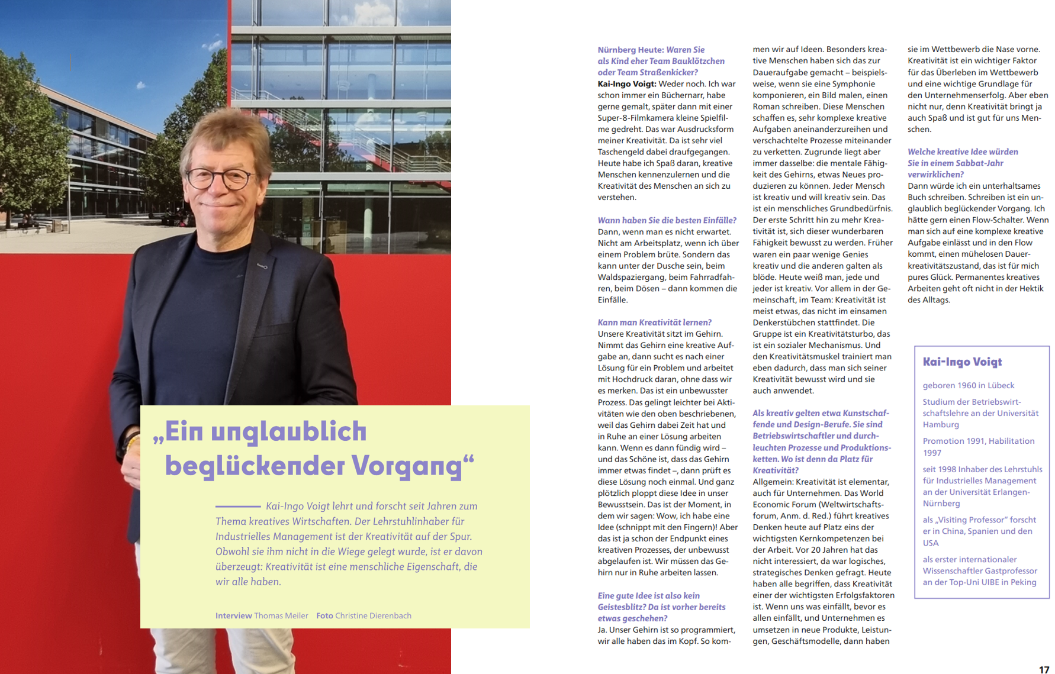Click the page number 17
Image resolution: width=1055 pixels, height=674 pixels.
click(1044, 669)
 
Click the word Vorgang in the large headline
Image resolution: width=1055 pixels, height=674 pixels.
click(402, 466)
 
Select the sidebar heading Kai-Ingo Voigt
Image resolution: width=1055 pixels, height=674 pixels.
click(962, 362)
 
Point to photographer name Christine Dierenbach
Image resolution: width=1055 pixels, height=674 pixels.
click(373, 615)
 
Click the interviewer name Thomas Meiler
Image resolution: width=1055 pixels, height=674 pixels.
click(281, 615)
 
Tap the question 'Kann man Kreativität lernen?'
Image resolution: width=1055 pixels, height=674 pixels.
click(654, 323)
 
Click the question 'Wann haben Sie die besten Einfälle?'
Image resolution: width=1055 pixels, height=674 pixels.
click(667, 220)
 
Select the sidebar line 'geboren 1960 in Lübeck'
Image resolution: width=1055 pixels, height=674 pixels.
click(968, 385)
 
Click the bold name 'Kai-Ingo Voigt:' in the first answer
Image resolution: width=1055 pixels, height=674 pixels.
click(626, 84)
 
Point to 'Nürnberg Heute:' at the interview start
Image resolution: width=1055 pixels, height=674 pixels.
click(629, 50)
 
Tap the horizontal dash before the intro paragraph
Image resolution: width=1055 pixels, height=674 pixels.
click(238, 507)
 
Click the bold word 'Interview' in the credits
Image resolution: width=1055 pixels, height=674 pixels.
click(233, 615)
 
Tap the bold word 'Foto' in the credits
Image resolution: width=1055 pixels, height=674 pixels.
click(324, 615)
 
